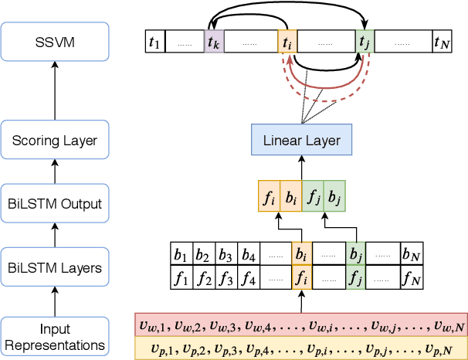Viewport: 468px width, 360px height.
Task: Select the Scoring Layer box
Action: pos(53,141)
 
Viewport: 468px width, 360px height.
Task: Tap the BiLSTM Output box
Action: pos(53,205)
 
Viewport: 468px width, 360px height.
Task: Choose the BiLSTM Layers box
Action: pos(53,269)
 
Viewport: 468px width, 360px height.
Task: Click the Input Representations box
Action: pos(53,338)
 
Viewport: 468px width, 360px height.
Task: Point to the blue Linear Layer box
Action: pos(300,141)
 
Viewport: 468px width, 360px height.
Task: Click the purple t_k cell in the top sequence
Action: pos(212,42)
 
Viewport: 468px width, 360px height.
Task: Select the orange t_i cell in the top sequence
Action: pos(287,42)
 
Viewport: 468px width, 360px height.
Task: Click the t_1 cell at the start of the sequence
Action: pos(154,42)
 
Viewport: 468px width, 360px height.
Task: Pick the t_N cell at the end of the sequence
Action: pos(441,42)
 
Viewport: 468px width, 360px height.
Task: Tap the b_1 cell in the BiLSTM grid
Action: pos(181,253)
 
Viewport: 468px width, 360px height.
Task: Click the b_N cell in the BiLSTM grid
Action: pos(411,253)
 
